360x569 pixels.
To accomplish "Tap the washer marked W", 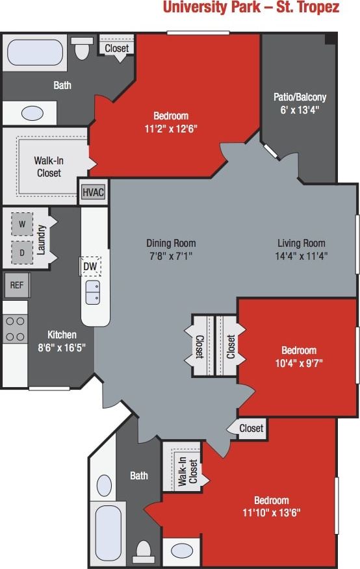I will pyautogui.click(x=22, y=224).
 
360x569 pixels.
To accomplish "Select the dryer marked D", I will pyautogui.click(x=22, y=252).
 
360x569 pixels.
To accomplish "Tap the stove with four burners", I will pyautogui.click(x=14, y=329).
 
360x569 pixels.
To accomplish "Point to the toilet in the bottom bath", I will pyautogui.click(x=143, y=551).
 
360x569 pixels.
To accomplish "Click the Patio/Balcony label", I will pyautogui.click(x=300, y=97).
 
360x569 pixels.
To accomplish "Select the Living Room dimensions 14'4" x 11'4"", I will pyautogui.click(x=301, y=255).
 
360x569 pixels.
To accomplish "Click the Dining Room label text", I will pyautogui.click(x=171, y=244).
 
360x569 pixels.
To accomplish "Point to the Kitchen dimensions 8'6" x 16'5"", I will pyautogui.click(x=62, y=347).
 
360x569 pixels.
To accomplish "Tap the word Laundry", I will pyautogui.click(x=41, y=238).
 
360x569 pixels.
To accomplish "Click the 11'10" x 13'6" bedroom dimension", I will pyautogui.click(x=271, y=512).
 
